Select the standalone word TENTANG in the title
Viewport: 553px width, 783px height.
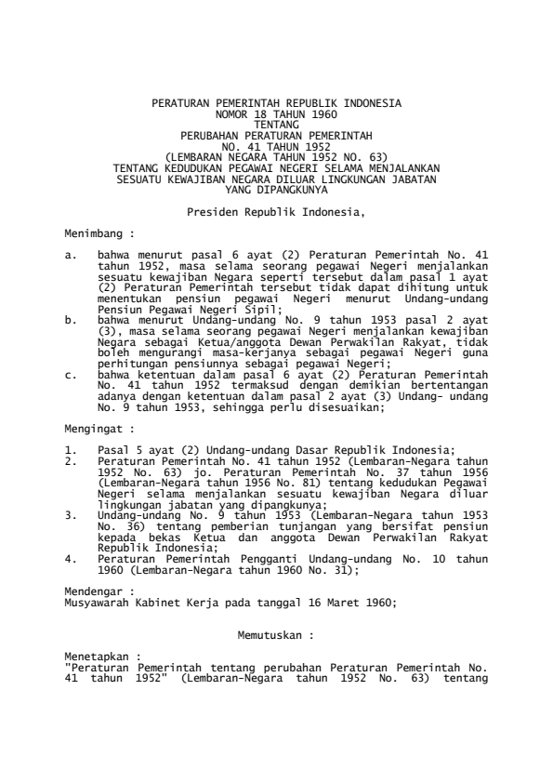coord(276,122)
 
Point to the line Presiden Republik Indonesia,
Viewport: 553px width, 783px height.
coord(276,213)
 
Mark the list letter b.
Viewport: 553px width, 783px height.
coord(70,319)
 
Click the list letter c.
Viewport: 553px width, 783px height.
coord(70,375)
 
